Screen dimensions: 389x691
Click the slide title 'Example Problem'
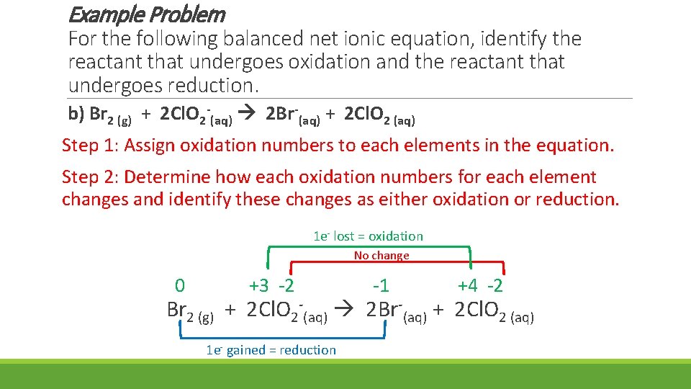coord(147,14)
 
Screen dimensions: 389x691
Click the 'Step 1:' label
coord(90,146)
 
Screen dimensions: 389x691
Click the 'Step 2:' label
coord(90,177)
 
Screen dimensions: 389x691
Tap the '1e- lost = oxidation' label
coord(368,236)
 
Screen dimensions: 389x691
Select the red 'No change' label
coord(381,255)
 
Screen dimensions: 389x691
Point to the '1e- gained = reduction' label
coord(271,350)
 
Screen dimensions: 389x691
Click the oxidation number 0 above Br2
coord(180,286)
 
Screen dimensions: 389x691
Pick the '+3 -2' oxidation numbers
coord(271,286)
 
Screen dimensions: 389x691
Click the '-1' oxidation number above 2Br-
coord(380,286)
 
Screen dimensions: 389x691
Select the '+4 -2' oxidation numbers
coord(480,286)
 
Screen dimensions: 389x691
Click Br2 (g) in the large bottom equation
coord(189,311)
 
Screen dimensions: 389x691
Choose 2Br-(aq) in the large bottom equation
coord(396,311)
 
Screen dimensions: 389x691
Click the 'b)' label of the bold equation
coord(76,114)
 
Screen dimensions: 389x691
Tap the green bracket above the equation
coord(369,247)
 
